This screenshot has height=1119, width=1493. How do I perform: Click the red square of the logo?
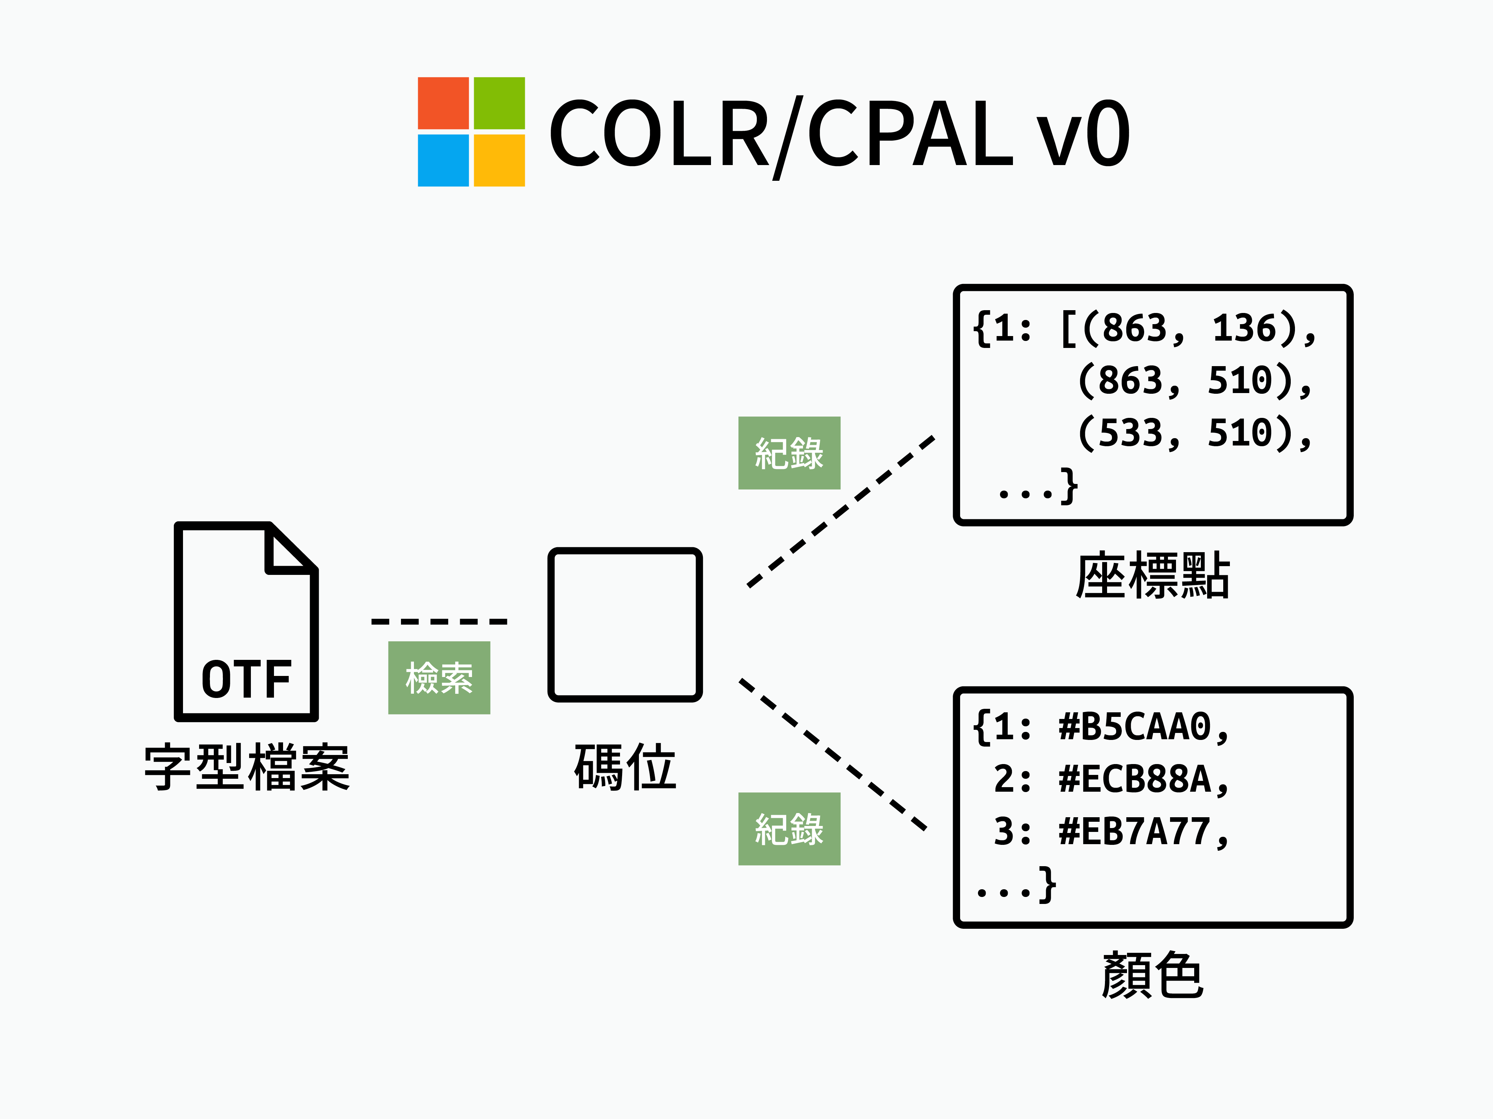click(443, 103)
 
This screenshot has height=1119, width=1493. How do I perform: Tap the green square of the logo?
click(499, 103)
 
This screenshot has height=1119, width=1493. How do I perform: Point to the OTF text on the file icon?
click(246, 679)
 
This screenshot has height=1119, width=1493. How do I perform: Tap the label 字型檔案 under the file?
click(246, 768)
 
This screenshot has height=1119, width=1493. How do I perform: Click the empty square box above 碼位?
click(625, 625)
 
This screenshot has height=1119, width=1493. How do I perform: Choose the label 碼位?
click(625, 768)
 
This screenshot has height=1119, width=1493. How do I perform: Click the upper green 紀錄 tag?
click(789, 452)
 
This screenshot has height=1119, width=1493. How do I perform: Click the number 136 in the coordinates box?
click(1244, 328)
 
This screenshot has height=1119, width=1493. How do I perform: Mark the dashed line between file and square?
click(439, 621)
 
